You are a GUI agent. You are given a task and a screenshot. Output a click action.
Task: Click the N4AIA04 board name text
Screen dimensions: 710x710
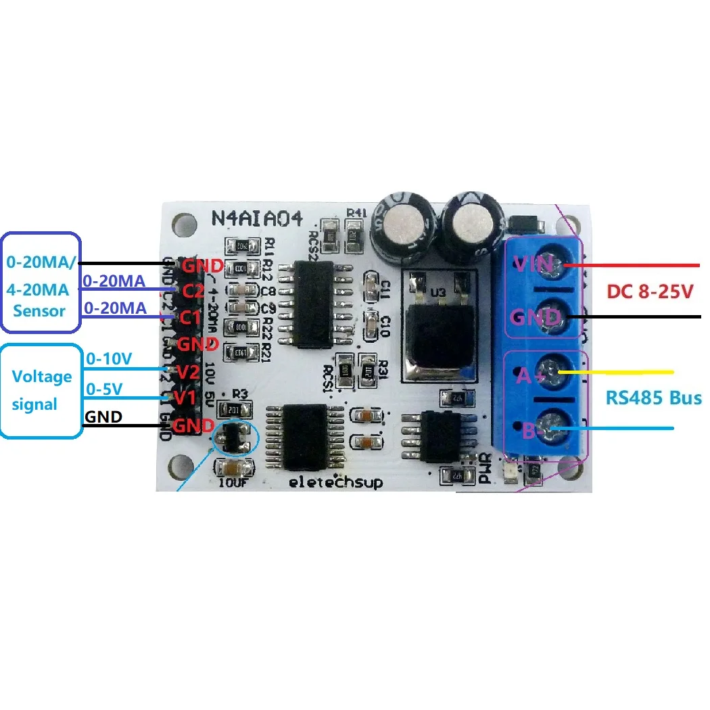(257, 219)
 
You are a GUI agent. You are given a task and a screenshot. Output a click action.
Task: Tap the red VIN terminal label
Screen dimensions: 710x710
(533, 264)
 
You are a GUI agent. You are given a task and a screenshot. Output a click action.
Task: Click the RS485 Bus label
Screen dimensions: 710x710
(653, 398)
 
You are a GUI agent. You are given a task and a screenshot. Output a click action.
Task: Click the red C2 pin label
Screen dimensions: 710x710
(194, 291)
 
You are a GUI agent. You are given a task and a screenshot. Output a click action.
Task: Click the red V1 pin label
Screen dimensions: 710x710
(184, 398)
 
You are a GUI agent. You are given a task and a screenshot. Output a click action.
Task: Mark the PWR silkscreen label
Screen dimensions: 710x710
(484, 468)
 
